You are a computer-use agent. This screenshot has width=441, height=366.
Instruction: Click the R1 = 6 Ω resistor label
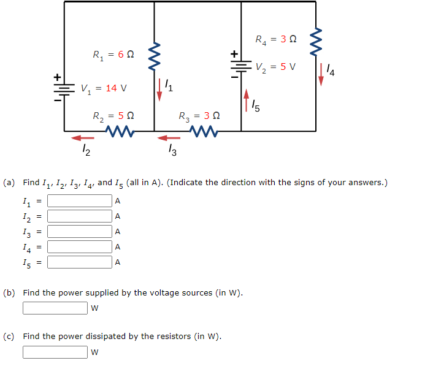[x=112, y=55]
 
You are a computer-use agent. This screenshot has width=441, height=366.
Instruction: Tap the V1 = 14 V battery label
[x=104, y=88]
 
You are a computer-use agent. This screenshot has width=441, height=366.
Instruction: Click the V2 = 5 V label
[x=275, y=66]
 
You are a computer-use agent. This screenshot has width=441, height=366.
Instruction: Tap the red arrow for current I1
[x=160, y=90]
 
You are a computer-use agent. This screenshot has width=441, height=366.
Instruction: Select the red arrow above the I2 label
[x=83, y=138]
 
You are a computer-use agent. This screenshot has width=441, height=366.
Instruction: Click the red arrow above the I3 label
[x=169, y=138]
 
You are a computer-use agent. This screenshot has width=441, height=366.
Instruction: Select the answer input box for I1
[x=80, y=200]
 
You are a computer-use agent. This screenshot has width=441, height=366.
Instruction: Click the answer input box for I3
[x=80, y=231]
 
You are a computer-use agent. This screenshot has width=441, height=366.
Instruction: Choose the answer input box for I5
[x=80, y=262]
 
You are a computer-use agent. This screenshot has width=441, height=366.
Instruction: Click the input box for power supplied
[x=55, y=308]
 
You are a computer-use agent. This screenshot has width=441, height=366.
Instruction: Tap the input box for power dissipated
[x=55, y=352]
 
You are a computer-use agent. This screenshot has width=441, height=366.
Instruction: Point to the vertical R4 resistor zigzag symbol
[x=316, y=40]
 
